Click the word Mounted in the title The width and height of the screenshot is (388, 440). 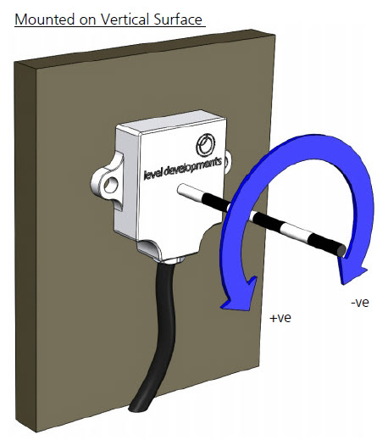[x=45, y=19]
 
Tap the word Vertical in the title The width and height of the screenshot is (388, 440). [x=125, y=19]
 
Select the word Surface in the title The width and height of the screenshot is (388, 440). [x=178, y=19]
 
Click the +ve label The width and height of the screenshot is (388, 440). [x=280, y=318]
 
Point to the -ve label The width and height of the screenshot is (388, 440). [x=360, y=303]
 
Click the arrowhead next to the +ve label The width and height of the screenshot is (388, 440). [x=239, y=294]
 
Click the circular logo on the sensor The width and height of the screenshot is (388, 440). [x=206, y=145]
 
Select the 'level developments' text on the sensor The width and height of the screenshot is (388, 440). [x=183, y=169]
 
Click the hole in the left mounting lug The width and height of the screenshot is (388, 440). [x=111, y=185]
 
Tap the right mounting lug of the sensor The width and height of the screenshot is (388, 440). [x=228, y=163]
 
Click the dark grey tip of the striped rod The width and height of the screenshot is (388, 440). [x=341, y=250]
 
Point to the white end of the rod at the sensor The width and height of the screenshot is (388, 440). [x=189, y=192]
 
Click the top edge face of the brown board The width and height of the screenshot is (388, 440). [x=145, y=49]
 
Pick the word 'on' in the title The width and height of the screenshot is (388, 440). [x=88, y=20]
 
